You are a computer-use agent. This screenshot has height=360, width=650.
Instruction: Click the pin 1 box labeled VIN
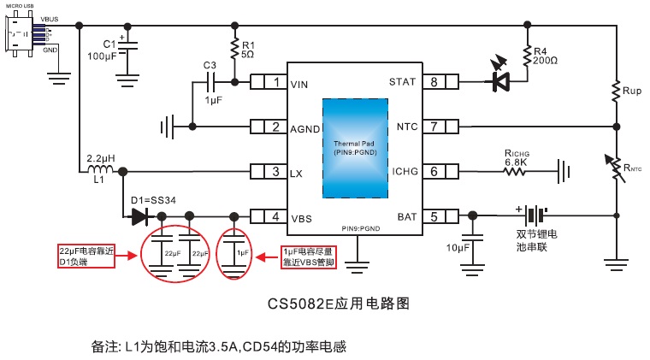pos(275,83)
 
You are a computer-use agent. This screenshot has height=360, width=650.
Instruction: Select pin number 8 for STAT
pos(434,83)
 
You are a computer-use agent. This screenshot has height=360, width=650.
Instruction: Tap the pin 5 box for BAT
pos(434,217)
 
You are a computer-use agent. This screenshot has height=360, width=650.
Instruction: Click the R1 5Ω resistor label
pos(247,49)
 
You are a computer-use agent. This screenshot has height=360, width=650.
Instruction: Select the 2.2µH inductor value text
pos(102,158)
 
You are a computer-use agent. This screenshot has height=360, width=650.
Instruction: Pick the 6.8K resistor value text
pos(516,162)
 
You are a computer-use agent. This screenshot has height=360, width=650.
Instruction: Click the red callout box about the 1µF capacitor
pos(310,257)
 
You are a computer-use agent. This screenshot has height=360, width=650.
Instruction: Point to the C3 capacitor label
pos(210,65)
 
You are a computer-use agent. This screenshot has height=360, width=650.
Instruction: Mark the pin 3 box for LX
pos(275,173)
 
